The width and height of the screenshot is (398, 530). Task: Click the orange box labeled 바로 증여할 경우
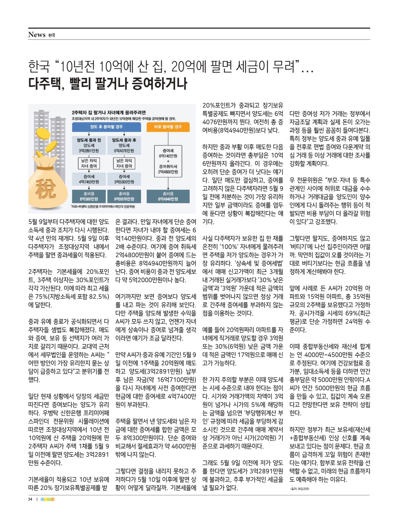[168, 127]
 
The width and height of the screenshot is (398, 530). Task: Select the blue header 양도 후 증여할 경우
[106, 127]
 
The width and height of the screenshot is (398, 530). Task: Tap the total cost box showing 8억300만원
[89, 196]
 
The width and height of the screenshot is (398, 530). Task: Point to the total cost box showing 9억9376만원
[124, 196]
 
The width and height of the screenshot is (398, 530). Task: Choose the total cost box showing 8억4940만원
[168, 196]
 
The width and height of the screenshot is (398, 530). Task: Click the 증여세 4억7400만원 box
[89, 179]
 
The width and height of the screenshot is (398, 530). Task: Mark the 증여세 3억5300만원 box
[124, 179]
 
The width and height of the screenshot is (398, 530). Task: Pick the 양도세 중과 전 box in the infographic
[89, 145]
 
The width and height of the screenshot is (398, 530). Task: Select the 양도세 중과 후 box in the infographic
[124, 145]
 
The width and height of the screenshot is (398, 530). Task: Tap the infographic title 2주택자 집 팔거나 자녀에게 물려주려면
[109, 113]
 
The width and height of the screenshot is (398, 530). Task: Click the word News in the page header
[37, 35]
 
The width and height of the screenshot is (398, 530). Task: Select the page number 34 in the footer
[30, 499]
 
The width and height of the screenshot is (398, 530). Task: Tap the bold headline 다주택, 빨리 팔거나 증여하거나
[108, 83]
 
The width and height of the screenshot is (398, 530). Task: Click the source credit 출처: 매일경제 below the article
[299, 489]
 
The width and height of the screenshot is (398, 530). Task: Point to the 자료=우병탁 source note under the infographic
[103, 206]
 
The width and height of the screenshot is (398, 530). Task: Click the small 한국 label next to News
[52, 35]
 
